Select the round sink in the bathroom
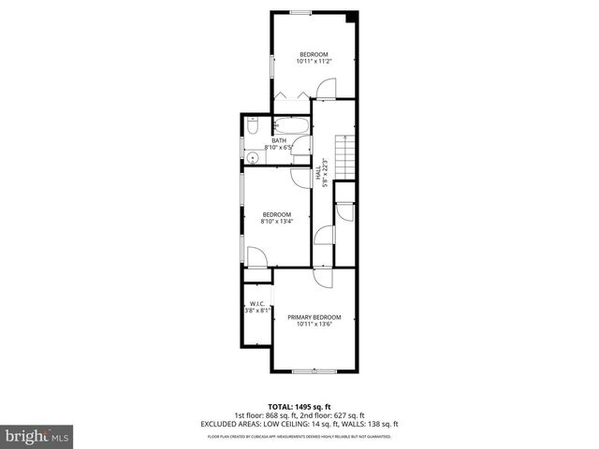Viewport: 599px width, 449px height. [252, 157]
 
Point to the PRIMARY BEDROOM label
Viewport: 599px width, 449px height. [314, 317]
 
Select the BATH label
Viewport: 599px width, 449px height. [279, 141]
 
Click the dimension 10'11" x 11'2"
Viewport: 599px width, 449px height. [314, 62]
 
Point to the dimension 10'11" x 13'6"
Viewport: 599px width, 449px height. [314, 325]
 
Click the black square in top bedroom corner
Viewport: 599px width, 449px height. [351, 17]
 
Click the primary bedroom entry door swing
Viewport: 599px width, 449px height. [321, 278]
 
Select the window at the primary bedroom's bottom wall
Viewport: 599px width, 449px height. [314, 371]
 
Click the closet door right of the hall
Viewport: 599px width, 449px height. [343, 212]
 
